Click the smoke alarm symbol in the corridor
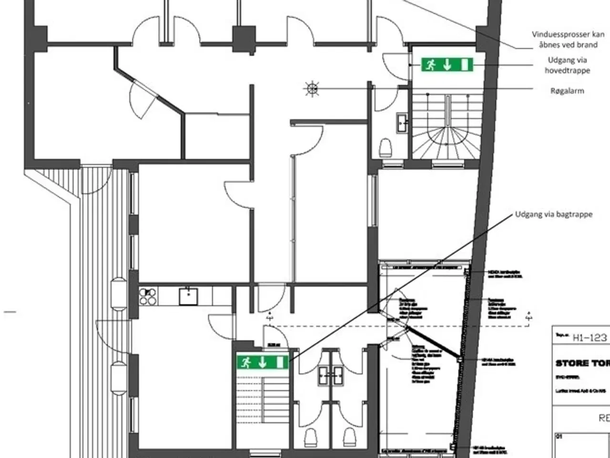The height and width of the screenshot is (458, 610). click(312, 88)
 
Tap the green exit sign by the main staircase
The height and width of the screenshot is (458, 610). click(447, 64)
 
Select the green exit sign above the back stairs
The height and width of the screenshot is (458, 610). click(263, 362)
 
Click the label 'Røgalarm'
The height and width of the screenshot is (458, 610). click(567, 91)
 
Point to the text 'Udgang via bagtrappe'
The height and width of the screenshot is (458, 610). click(554, 215)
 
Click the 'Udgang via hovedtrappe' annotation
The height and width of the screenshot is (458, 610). click(567, 65)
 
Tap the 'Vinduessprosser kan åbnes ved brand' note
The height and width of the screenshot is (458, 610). click(567, 40)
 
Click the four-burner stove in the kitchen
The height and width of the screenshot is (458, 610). click(148, 296)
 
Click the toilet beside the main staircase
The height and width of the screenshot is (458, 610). click(385, 148)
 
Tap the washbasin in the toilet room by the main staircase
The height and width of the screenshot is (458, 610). click(402, 123)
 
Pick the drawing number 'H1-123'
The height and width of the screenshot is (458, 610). click(590, 338)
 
